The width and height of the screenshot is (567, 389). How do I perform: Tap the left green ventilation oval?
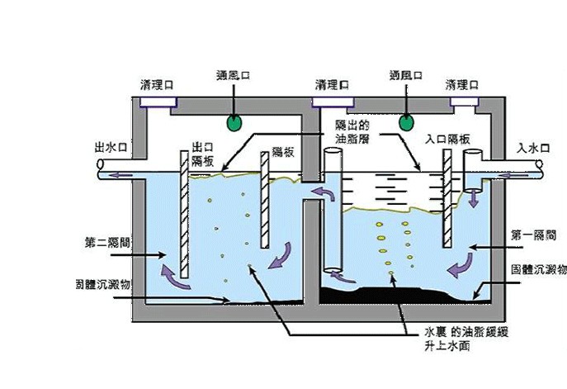tap(234, 123)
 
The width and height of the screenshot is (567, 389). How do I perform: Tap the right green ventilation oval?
tap(405, 122)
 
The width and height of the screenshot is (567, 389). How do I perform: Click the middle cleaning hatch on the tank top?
tap(331, 102)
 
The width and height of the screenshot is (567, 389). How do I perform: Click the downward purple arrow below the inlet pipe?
tap(474, 201)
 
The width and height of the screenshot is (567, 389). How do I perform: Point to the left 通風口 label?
tap(234, 74)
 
